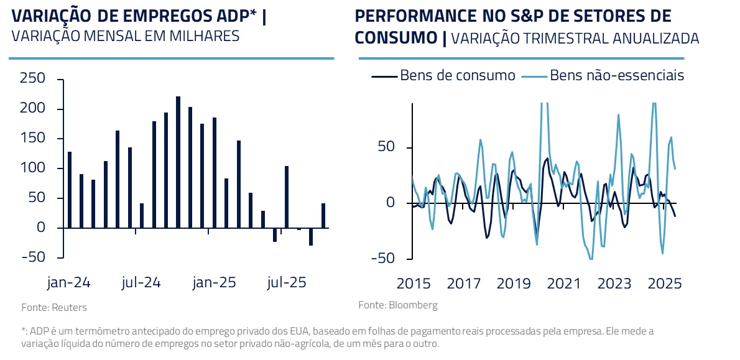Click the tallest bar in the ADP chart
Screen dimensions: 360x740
coord(178,162)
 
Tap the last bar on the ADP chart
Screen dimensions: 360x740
coord(323,216)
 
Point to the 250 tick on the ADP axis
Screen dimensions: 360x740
coord(33,79)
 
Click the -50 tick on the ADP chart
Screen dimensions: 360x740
coord(33,257)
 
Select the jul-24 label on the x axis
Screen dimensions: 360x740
coord(141,283)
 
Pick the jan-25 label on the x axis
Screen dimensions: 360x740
coord(214,283)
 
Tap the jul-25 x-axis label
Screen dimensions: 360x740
coord(286,283)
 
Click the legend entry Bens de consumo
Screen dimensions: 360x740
coord(457,76)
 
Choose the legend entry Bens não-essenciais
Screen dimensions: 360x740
coord(617,76)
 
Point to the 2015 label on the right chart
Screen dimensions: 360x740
coord(413,284)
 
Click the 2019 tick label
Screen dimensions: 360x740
coord(514,284)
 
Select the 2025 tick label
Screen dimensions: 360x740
coord(665,284)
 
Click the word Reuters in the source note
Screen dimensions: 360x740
coord(69,307)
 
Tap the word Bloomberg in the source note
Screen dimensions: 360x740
coord(413,305)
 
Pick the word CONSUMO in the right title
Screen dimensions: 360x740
coord(395,37)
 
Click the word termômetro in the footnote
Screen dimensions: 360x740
coord(103,331)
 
